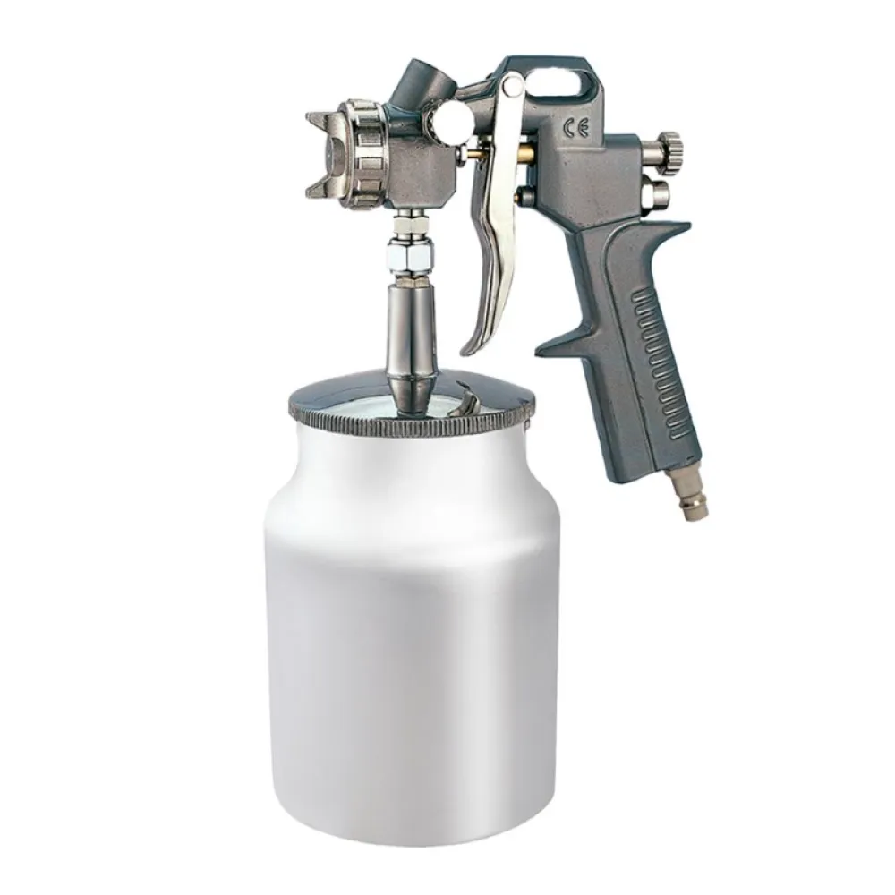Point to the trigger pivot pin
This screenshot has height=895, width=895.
[x=513, y=86]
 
